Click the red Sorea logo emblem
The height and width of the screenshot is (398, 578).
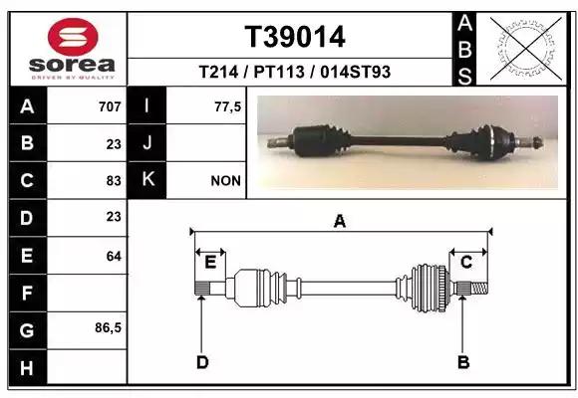[x=73, y=37]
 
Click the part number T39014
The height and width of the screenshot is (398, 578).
[x=295, y=37]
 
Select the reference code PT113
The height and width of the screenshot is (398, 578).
[x=279, y=72]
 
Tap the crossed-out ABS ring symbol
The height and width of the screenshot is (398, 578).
[x=526, y=49]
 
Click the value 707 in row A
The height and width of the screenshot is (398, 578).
[x=110, y=106]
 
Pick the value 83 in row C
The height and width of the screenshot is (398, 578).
[x=114, y=181]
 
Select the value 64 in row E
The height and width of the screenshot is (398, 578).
[x=114, y=256]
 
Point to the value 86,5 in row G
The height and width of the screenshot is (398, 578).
[x=108, y=327]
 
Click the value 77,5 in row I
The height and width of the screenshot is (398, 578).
[x=228, y=106]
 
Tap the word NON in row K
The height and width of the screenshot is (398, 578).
[x=226, y=181]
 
